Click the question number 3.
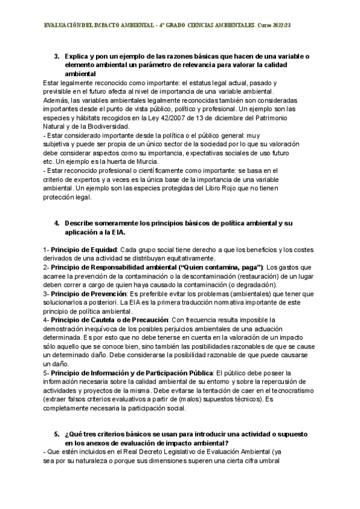[x=56, y=56]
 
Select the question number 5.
[x=56, y=435]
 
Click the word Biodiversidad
[x=106, y=127]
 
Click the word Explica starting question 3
[x=79, y=56]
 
